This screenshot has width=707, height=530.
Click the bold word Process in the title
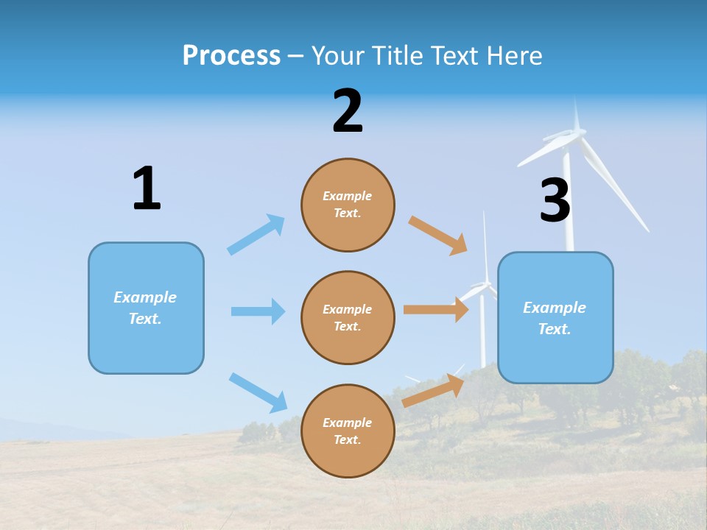pos(231,56)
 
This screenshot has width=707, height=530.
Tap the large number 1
pos(147,188)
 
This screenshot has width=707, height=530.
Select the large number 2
pos(348,111)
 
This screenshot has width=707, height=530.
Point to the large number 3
pos(555,201)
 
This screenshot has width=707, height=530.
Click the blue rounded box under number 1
pos(146,308)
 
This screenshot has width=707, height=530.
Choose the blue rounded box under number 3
pos(555,317)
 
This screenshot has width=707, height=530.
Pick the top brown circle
pos(348,205)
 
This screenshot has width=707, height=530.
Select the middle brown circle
pos(348,317)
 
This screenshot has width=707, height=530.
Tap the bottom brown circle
pos(348,431)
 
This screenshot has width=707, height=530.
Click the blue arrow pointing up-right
pos(256,235)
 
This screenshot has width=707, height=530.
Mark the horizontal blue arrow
pos(258,311)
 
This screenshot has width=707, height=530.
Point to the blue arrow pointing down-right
pos(258,392)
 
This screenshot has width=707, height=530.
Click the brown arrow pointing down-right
pos(438,235)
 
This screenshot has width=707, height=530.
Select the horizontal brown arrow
pos(436,310)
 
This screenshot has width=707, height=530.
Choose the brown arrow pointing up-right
pos(434,390)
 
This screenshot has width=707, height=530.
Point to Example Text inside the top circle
pos(348,205)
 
